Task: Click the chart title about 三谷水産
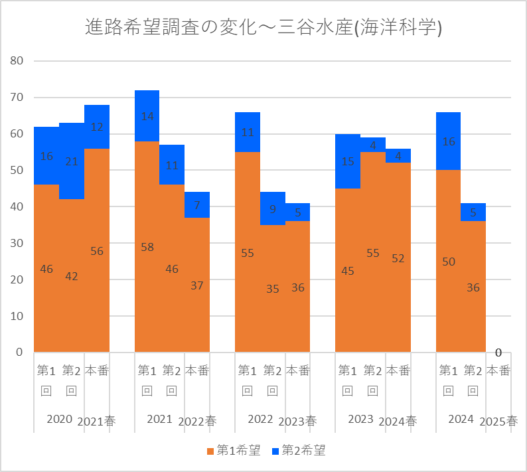pos(263,27)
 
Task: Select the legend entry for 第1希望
pos(233,451)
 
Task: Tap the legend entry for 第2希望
pos(299,451)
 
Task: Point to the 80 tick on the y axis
pos(17,61)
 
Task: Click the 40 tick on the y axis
pos(17,206)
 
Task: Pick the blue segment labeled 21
pos(72,161)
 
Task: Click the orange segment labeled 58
pos(147,247)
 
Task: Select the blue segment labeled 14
pos(147,116)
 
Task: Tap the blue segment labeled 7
pos(197,205)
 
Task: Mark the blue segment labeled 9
pos(272,208)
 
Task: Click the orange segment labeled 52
pos(398,258)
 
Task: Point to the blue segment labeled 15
pos(348,161)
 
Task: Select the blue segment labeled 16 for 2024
pos(448,141)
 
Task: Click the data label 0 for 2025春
pos(498,353)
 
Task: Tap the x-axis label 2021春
pos(96,422)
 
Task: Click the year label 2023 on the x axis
pos(360,419)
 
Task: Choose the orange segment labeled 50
pos(448,261)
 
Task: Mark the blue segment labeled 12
pos(97,127)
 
